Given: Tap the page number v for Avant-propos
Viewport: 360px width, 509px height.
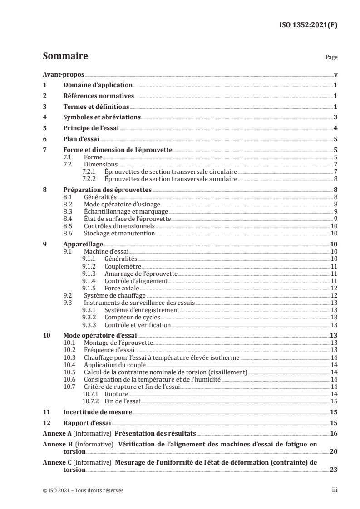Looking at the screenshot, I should click(335, 75).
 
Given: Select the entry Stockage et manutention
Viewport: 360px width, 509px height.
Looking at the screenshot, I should click(119, 233).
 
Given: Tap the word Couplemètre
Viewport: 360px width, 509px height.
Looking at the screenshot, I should click(123, 266).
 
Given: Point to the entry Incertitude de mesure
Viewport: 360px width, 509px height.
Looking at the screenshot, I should click(97, 412).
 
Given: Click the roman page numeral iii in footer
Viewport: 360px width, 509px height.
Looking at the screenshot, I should click(335, 490).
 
